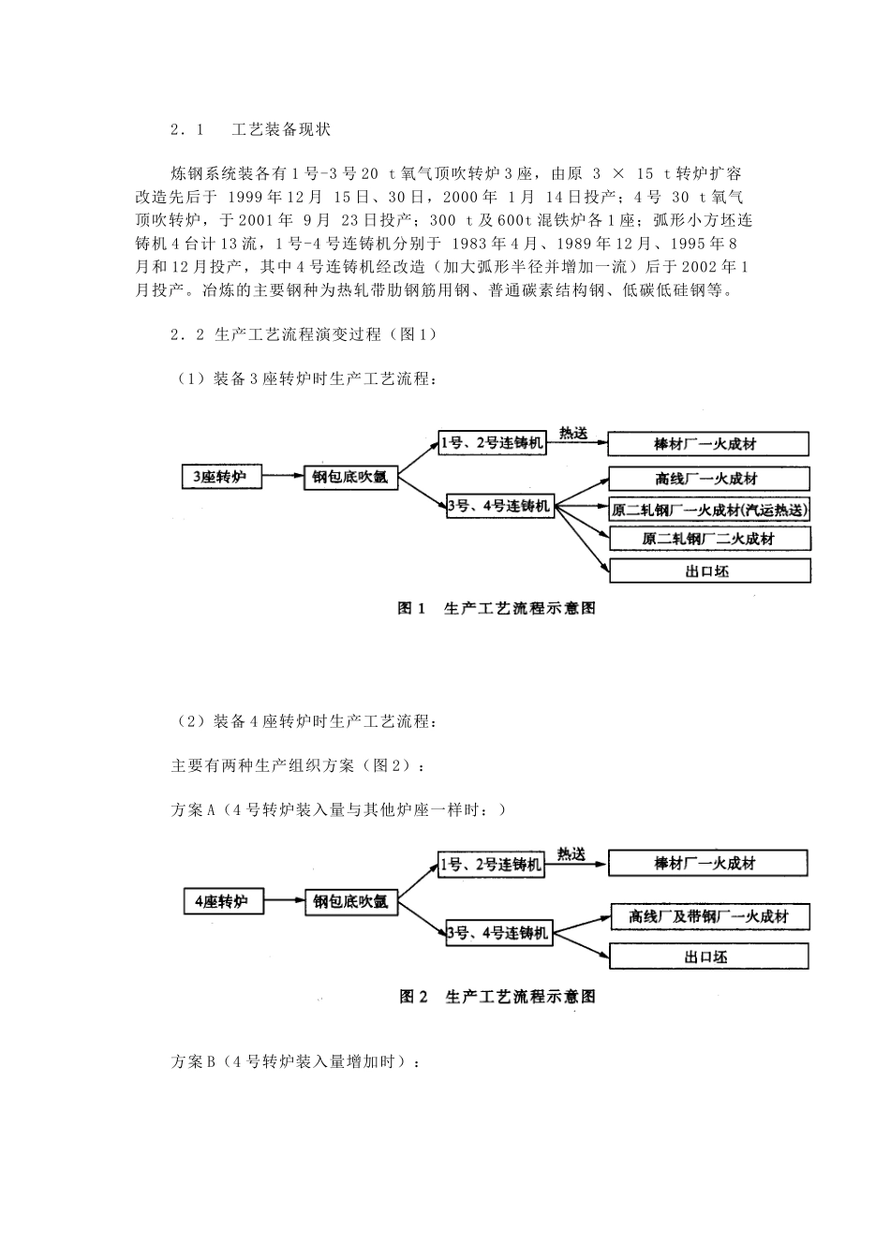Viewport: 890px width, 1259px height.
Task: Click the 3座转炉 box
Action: tap(221, 477)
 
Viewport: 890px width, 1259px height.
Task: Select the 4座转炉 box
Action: tap(222, 902)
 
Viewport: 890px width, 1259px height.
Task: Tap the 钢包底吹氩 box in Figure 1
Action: tap(350, 478)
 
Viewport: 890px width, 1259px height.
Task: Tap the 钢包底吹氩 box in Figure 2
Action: tap(350, 902)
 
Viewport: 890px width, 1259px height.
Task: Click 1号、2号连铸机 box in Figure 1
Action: tap(492, 443)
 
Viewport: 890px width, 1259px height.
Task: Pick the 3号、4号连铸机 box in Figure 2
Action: tap(498, 933)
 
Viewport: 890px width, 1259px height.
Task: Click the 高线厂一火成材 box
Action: tap(708, 479)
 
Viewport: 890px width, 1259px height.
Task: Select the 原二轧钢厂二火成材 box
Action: tap(708, 539)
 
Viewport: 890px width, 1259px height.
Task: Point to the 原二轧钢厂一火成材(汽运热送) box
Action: tap(709, 510)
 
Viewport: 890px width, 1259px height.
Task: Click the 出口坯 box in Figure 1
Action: tap(708, 570)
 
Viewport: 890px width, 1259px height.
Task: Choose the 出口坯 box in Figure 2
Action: tap(707, 956)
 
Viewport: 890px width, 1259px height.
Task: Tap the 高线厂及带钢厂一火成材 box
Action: tap(708, 917)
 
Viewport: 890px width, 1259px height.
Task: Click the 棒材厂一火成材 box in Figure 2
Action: tap(707, 863)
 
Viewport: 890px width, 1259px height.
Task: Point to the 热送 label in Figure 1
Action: tap(572, 433)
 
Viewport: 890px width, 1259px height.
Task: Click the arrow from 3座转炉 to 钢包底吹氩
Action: tap(283, 478)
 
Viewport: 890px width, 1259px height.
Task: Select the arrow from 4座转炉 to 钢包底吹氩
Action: tap(284, 902)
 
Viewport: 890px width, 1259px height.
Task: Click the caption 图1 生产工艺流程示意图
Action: tap(497, 609)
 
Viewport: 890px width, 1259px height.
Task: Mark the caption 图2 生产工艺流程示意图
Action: tap(497, 997)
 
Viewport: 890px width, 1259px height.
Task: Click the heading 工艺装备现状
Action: tap(281, 130)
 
